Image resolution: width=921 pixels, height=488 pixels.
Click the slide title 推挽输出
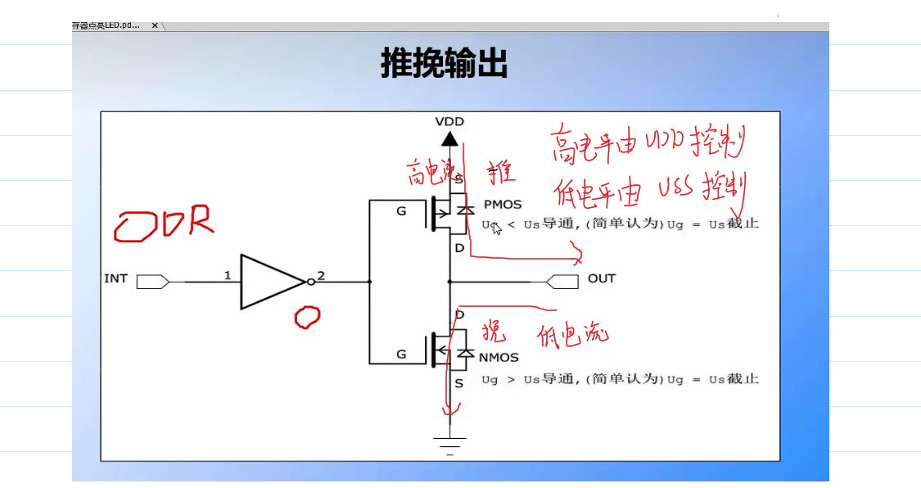445,63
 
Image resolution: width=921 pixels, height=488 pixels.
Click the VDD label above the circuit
449,121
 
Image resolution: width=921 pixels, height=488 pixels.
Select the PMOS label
502,204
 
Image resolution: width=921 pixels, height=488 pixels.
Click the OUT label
601,278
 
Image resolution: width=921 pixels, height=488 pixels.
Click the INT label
115,278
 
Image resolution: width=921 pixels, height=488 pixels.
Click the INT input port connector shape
152,282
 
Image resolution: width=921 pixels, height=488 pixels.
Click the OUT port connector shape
561,282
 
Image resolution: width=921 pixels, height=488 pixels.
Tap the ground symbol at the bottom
449,445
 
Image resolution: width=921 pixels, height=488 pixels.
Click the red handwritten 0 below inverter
307,317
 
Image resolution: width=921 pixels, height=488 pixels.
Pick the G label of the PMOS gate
401,211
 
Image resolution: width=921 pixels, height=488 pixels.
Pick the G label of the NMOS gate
401,355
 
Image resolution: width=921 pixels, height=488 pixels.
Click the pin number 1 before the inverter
228,275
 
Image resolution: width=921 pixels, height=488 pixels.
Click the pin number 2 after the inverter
321,275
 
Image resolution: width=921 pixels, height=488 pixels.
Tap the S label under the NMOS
458,382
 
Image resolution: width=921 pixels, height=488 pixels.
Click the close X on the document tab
155,25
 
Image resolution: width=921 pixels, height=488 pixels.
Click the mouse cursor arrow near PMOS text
496,227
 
